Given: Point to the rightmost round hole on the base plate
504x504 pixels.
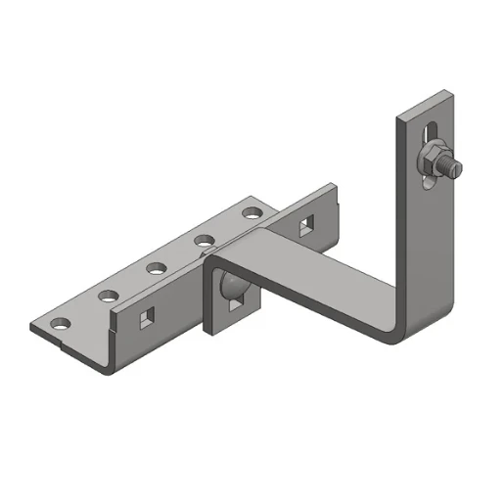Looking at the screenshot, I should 252,210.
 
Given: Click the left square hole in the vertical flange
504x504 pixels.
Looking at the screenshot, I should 147,317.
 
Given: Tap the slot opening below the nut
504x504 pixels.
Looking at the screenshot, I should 427,178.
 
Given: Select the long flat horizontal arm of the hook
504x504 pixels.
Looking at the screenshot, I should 313,284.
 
